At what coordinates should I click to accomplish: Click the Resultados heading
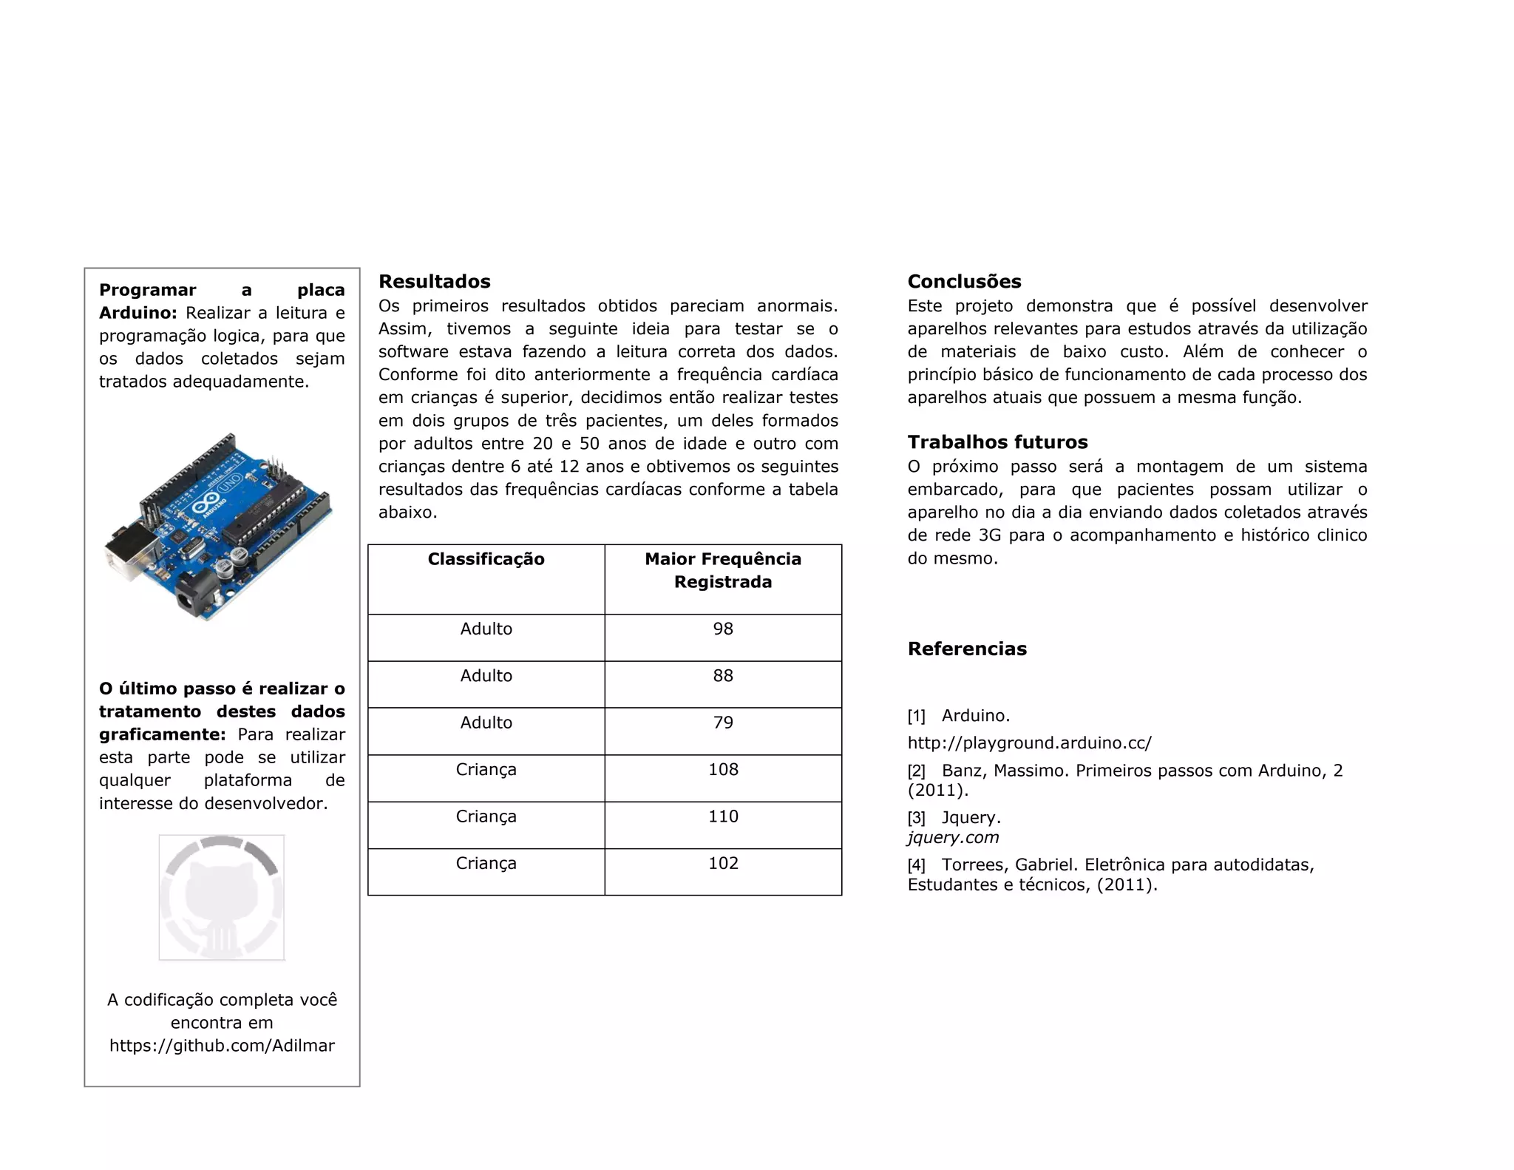[x=434, y=282]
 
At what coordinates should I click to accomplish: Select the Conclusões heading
[x=964, y=282]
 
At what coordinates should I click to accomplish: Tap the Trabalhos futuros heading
[x=997, y=442]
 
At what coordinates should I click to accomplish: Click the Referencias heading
[x=967, y=649]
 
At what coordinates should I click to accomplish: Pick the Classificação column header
[x=486, y=559]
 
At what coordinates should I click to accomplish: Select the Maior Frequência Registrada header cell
[x=722, y=570]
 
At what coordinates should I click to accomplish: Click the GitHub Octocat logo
[x=221, y=898]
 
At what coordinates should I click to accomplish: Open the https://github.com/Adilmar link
[x=222, y=1046]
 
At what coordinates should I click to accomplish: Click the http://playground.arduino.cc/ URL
[x=1029, y=743]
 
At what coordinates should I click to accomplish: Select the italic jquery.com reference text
[x=953, y=838]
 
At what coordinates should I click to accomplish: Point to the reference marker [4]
[x=916, y=865]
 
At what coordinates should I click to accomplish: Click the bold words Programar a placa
[x=222, y=290]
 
